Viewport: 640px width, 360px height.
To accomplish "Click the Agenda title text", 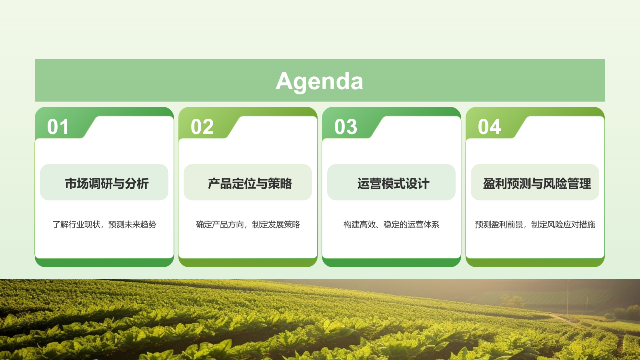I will click(320, 81).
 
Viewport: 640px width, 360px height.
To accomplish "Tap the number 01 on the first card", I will click(58, 127).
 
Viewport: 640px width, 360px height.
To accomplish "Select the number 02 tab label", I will click(202, 127).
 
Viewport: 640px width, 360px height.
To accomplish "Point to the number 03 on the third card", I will click(346, 127).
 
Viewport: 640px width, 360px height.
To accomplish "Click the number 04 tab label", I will click(489, 127).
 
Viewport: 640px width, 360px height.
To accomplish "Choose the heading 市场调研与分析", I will click(107, 184).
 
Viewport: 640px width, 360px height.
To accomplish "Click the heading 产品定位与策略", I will click(250, 184).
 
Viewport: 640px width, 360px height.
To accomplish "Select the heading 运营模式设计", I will click(393, 184).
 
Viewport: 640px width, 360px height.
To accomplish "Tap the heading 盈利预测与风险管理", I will click(537, 184).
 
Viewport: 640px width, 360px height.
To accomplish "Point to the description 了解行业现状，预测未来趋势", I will click(104, 224).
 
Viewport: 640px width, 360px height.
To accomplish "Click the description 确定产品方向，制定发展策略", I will click(248, 224).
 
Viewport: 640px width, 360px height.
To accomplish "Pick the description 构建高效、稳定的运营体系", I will click(391, 224).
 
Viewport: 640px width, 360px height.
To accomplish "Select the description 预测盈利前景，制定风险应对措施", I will click(535, 224).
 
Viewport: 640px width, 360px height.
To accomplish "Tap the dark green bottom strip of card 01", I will click(104, 263).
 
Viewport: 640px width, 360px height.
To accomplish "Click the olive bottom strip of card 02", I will click(248, 263).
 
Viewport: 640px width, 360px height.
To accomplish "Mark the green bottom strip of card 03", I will click(391, 263).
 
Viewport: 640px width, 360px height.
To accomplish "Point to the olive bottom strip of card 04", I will click(535, 263).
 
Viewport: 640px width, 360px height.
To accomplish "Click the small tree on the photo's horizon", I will click(512, 301).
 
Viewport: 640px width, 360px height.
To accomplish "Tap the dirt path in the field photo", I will click(564, 319).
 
